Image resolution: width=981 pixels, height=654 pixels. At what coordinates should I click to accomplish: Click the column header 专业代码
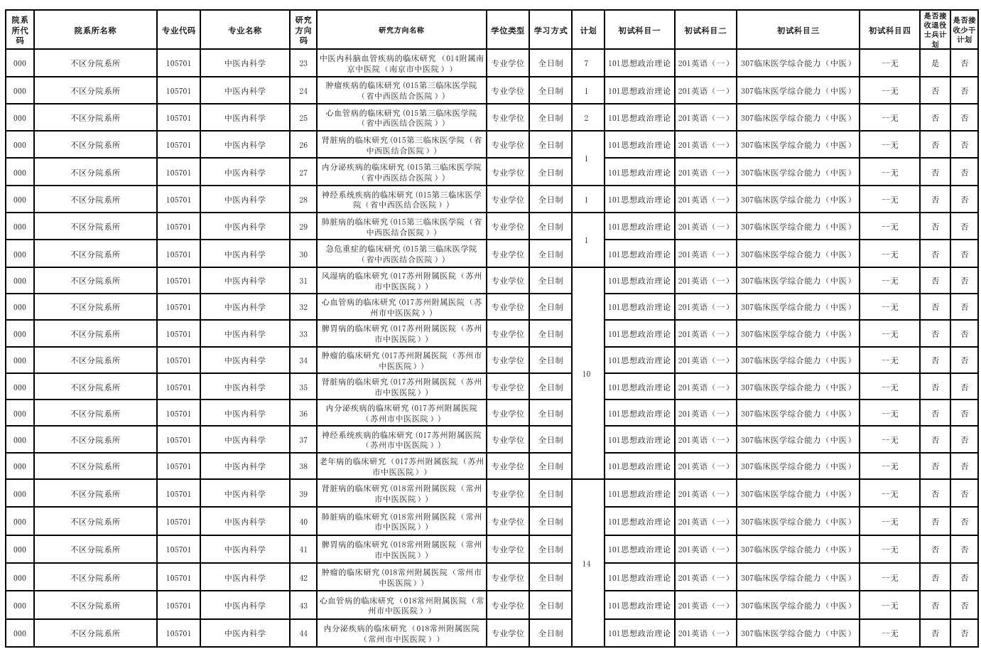click(x=178, y=31)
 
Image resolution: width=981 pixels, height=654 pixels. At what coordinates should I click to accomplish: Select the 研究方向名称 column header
click(x=401, y=31)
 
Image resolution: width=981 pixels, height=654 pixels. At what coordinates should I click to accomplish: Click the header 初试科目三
click(x=797, y=31)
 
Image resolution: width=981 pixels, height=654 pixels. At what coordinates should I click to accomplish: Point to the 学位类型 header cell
click(x=507, y=31)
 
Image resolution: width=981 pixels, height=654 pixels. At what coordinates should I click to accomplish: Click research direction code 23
click(x=303, y=63)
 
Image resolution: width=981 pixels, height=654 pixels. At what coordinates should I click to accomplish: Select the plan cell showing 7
click(x=586, y=63)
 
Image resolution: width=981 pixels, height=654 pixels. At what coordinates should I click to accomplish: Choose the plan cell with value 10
click(x=586, y=374)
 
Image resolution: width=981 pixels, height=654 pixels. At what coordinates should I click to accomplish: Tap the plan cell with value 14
click(x=586, y=564)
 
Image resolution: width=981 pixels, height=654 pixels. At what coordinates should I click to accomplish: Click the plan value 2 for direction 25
click(x=586, y=118)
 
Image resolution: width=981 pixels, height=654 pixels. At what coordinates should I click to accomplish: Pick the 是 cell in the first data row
click(x=935, y=63)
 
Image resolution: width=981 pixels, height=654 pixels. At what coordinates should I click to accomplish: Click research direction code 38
click(x=303, y=466)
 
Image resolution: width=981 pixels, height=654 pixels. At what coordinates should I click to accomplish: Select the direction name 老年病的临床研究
click(x=401, y=466)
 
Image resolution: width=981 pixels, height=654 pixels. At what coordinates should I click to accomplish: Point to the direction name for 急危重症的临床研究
click(x=401, y=254)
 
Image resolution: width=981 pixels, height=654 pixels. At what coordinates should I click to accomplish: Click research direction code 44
click(x=303, y=633)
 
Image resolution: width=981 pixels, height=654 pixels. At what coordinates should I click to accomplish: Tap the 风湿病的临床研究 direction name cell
click(x=401, y=281)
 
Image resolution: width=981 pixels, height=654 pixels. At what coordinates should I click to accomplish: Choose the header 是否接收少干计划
click(x=964, y=31)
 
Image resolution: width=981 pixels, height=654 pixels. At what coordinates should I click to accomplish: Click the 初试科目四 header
click(x=889, y=31)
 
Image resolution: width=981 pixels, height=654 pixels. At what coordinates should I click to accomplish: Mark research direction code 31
click(x=303, y=281)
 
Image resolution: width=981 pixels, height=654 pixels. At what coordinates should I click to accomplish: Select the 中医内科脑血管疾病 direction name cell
click(x=401, y=63)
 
